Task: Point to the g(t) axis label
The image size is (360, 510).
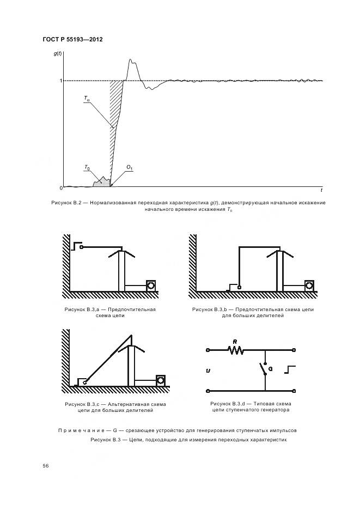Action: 58,53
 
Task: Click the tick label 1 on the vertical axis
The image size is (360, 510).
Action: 60,81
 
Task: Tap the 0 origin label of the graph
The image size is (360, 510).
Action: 60,188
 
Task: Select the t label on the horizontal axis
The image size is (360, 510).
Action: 321,191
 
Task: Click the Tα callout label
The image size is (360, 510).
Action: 87,99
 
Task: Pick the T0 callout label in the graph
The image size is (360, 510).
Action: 87,167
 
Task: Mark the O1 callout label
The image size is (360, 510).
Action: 130,167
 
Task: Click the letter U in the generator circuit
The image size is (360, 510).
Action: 208,371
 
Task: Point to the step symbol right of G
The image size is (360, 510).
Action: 290,371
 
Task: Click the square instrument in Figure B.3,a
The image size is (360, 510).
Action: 151,285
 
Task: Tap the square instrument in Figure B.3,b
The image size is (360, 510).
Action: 309,285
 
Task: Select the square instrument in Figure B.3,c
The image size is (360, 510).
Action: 161,380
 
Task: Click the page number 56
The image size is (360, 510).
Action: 46,465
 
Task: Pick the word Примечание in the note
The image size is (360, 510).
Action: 81,430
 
